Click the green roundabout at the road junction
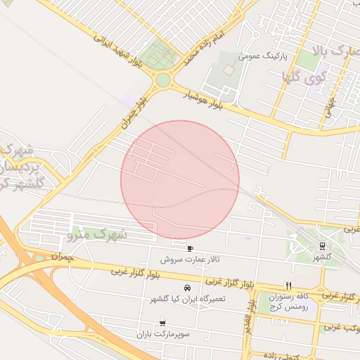click(163, 80)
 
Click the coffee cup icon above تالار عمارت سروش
click(190, 248)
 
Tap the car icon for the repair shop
click(187, 288)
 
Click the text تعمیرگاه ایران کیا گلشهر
click(187, 300)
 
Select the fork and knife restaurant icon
click(288, 285)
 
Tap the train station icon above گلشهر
click(322, 246)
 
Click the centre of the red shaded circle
click(180, 179)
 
